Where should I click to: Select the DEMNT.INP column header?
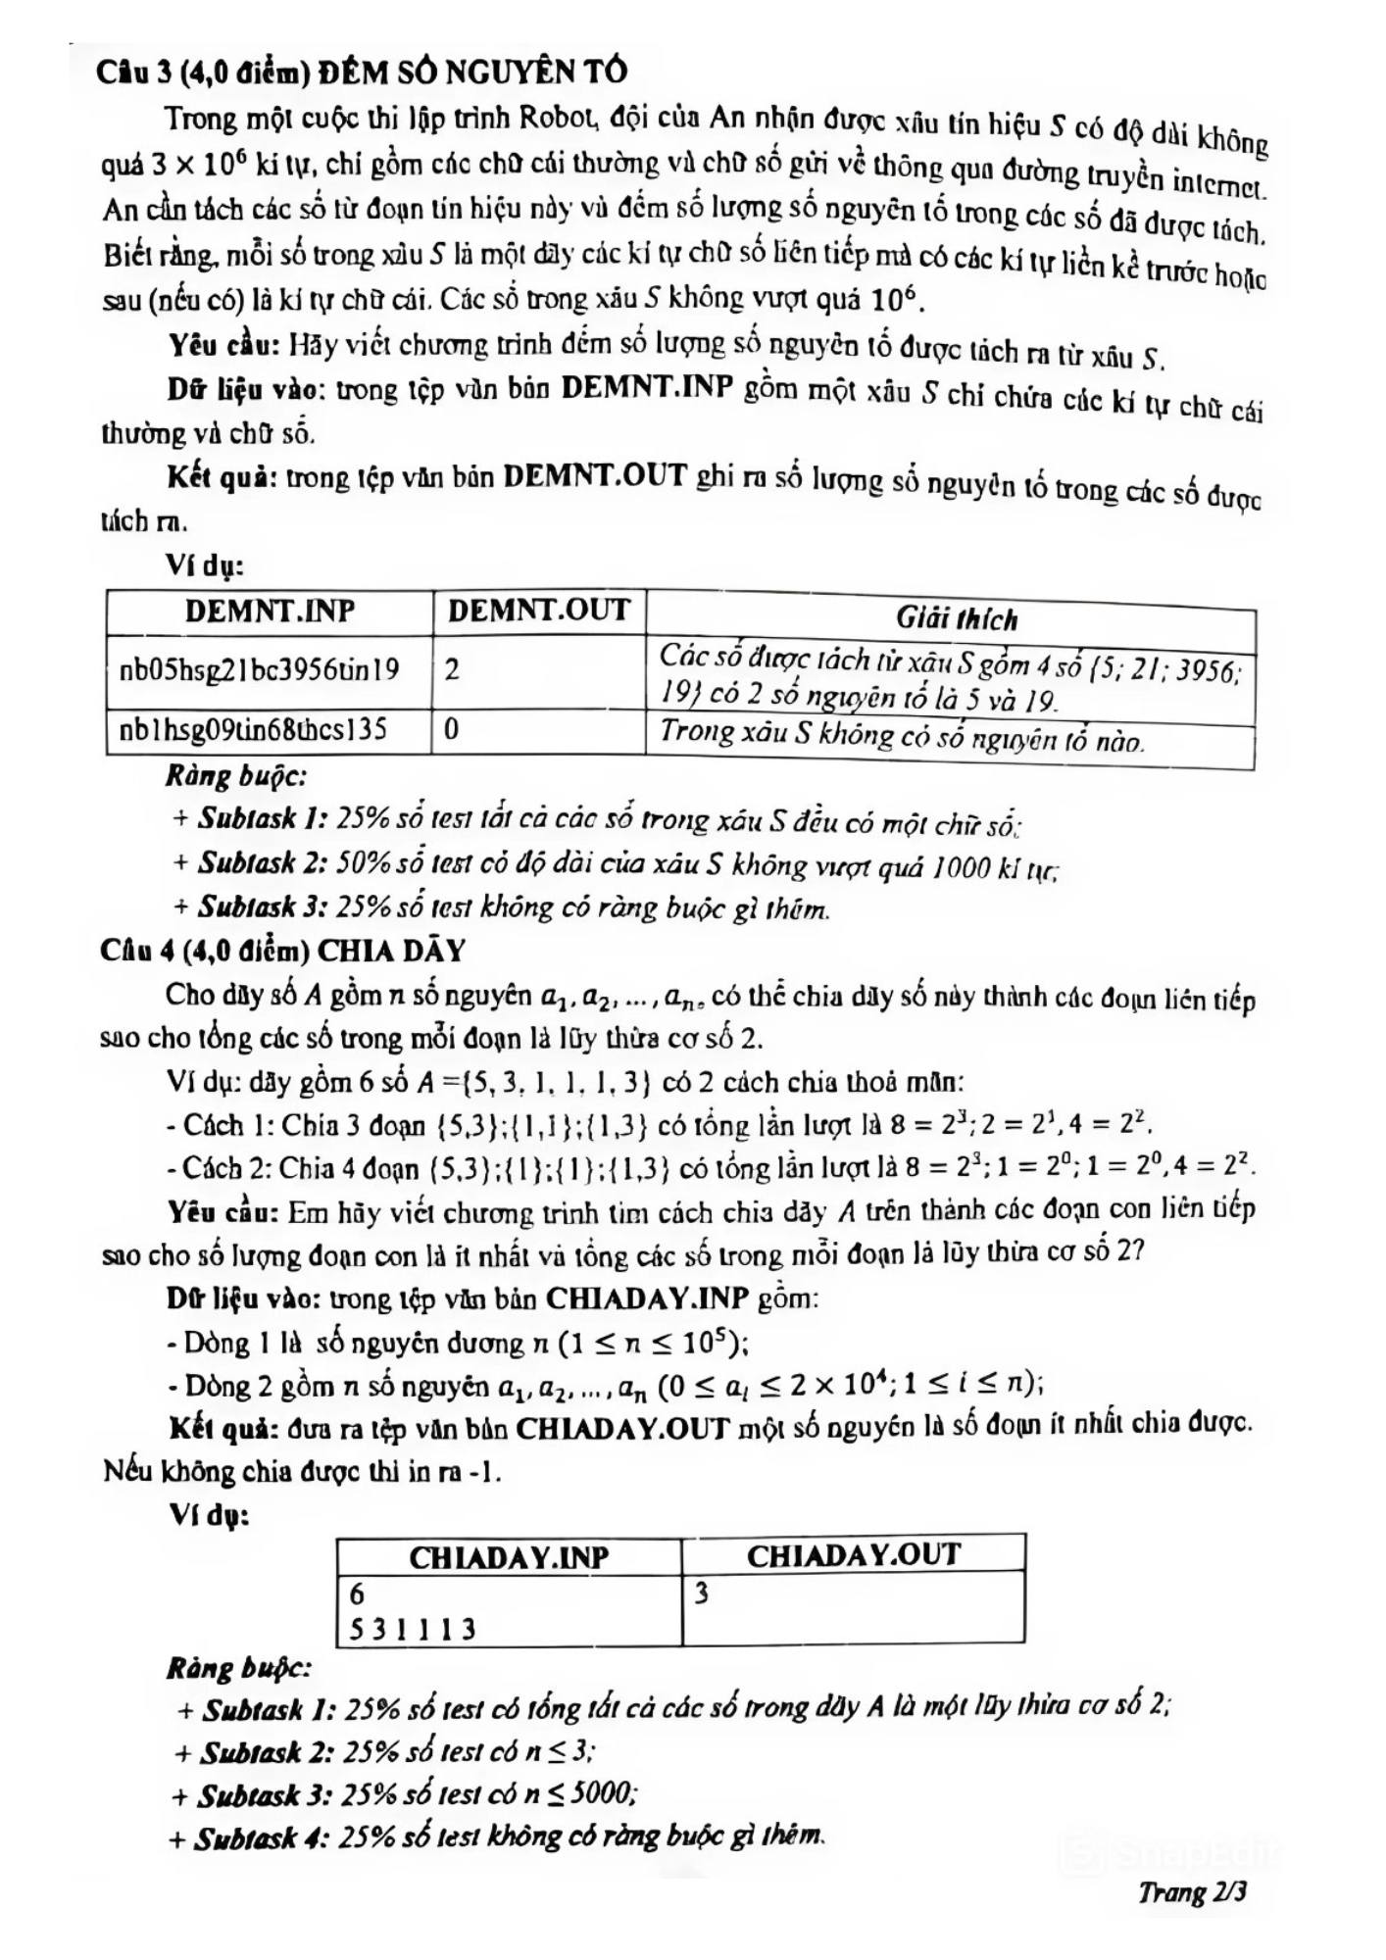(x=270, y=612)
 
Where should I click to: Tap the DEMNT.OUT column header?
(x=538, y=611)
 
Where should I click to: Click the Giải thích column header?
(x=957, y=618)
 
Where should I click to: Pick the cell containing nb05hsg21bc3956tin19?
(x=260, y=670)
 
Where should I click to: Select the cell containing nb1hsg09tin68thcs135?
(x=253, y=730)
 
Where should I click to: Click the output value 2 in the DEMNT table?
(x=452, y=670)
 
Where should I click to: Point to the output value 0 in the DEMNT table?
(x=452, y=730)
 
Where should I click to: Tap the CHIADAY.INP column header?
(x=509, y=1557)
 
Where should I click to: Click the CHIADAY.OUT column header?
(x=853, y=1555)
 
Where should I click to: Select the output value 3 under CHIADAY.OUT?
(x=701, y=1594)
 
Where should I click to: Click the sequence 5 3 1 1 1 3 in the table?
(x=413, y=1629)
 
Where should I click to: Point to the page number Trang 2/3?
(x=1192, y=1891)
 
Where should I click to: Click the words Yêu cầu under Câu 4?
(x=224, y=1212)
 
